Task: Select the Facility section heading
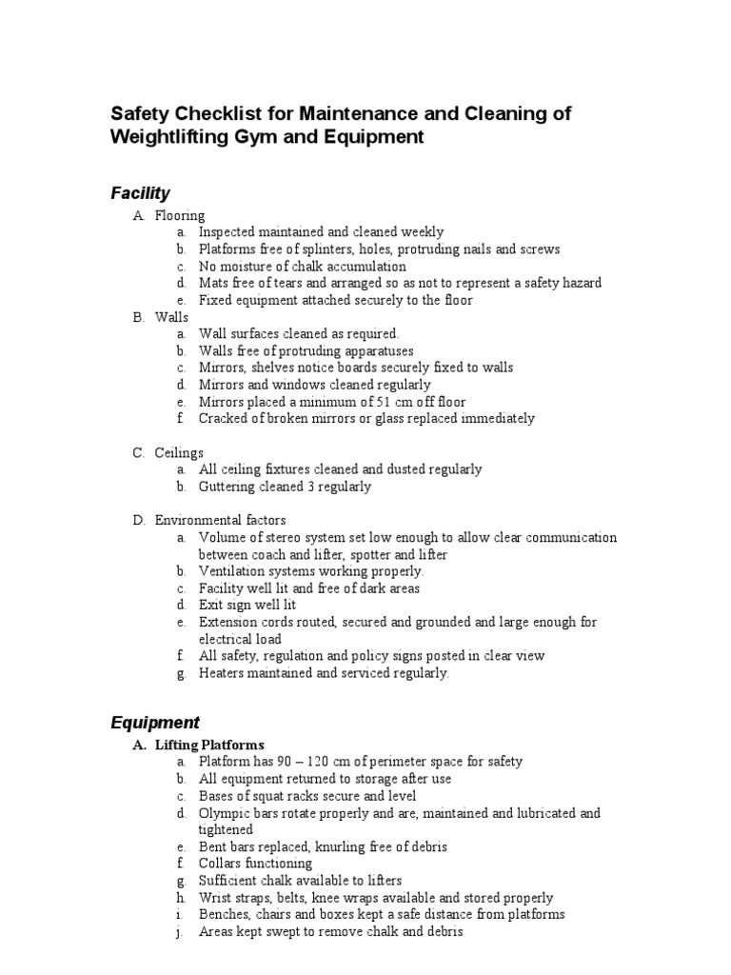tap(140, 193)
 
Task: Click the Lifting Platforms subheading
tap(210, 745)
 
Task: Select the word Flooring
tap(180, 215)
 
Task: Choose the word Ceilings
tap(179, 452)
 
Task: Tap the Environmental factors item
tap(220, 521)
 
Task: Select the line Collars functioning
tap(255, 864)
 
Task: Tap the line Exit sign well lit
tap(247, 605)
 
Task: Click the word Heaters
tap(222, 673)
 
